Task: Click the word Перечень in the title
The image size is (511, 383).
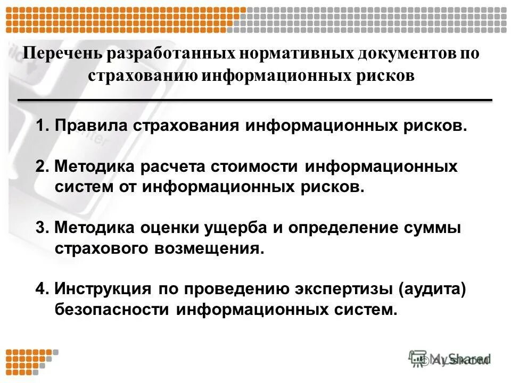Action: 63,54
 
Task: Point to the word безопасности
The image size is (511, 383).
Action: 112,310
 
